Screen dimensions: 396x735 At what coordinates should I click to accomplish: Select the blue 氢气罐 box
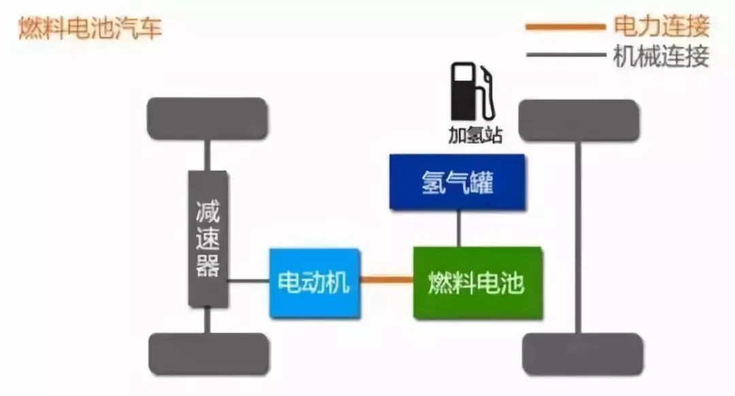click(457, 182)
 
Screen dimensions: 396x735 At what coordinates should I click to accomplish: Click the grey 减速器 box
click(208, 239)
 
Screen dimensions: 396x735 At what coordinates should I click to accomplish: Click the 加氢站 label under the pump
click(475, 135)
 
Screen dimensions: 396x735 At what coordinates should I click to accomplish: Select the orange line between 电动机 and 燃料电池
click(387, 279)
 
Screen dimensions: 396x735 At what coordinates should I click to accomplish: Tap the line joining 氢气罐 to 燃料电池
click(459, 229)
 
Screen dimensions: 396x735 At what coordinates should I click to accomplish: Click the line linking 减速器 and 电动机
click(248, 280)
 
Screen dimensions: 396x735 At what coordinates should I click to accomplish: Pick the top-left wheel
click(208, 118)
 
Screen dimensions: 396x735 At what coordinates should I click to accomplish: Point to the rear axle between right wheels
click(578, 238)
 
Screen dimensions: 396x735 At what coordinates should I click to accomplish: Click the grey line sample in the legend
click(565, 55)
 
